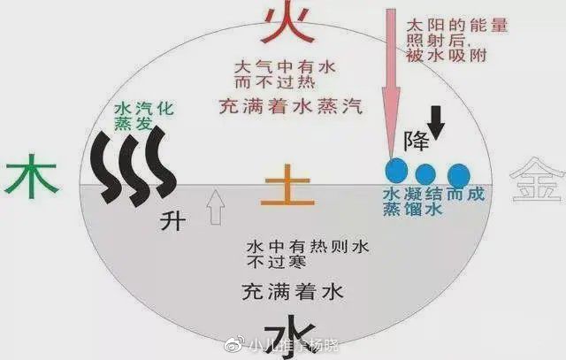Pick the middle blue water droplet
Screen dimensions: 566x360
coord(426,174)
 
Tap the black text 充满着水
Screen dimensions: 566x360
coord(287,289)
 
